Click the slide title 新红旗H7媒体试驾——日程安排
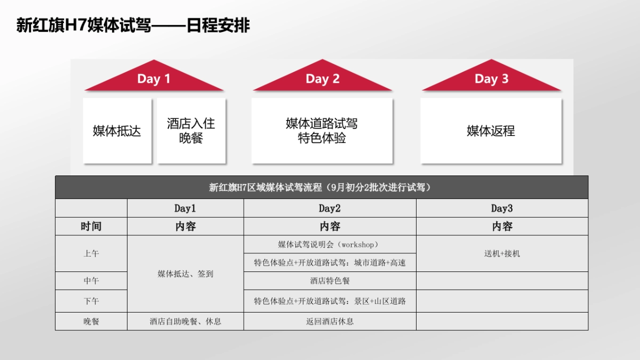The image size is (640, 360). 133,25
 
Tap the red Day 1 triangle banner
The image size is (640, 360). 154,79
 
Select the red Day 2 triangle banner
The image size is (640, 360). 322,79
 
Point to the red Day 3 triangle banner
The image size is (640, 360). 491,79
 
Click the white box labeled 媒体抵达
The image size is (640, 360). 117,131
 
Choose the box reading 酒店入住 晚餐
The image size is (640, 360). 191,131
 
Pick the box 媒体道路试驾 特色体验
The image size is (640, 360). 322,131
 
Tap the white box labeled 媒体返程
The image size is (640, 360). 491,131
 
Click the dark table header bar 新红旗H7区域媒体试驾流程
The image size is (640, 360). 322,187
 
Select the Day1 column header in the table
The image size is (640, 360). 185,208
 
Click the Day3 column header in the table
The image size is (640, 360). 502,208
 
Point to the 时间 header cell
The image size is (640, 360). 91,226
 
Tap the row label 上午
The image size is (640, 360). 91,253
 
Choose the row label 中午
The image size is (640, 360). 91,281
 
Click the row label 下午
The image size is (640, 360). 91,301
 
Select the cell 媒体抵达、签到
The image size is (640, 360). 185,274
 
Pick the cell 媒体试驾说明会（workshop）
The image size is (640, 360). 329,244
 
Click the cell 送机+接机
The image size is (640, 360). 502,253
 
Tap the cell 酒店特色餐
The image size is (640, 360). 330,281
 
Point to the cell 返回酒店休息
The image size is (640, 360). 330,321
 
